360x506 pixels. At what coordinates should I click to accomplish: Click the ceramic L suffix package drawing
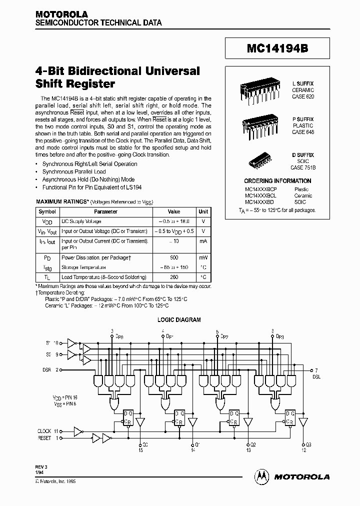[254, 92]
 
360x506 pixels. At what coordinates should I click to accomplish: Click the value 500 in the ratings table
[173, 257]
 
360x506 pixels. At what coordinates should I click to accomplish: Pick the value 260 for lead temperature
[173, 277]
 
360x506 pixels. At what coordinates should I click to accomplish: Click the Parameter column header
[105, 211]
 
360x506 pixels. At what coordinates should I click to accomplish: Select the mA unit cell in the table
[203, 241]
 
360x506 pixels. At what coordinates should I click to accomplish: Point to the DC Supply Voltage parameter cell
[81, 221]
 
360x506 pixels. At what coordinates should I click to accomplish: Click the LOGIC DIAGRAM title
[179, 320]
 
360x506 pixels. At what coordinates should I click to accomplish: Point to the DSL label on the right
[316, 375]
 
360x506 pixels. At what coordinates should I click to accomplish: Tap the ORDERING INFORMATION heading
[271, 181]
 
